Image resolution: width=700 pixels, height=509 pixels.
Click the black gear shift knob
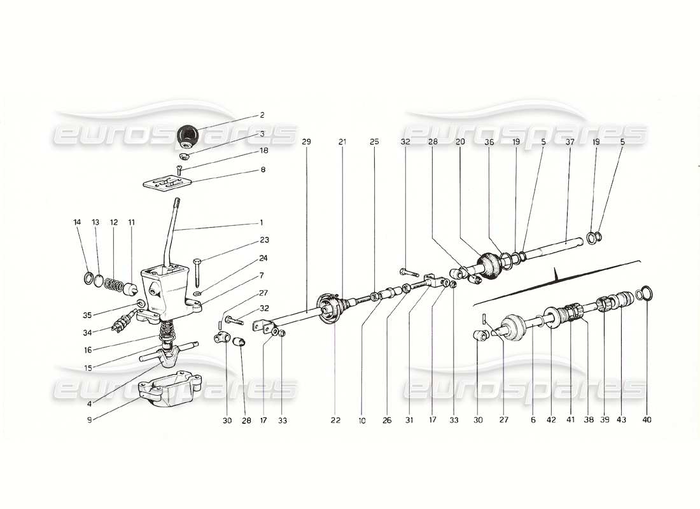click(188, 135)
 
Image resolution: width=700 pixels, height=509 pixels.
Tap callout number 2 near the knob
click(262, 116)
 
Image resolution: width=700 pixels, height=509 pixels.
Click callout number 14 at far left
click(77, 222)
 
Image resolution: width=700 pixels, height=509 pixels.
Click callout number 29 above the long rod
click(307, 142)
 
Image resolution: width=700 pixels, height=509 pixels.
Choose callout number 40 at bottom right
click(647, 420)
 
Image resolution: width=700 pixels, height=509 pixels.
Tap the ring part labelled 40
click(645, 293)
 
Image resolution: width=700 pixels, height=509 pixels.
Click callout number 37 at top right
click(570, 142)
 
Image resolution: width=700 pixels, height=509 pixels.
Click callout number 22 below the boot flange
click(335, 420)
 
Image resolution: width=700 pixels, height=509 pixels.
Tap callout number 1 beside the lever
click(260, 223)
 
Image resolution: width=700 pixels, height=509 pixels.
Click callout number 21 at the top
click(342, 142)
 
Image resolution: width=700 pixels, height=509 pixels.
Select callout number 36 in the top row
click(488, 142)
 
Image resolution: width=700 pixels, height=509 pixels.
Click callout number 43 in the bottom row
click(620, 420)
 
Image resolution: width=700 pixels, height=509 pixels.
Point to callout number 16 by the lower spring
click(87, 349)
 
